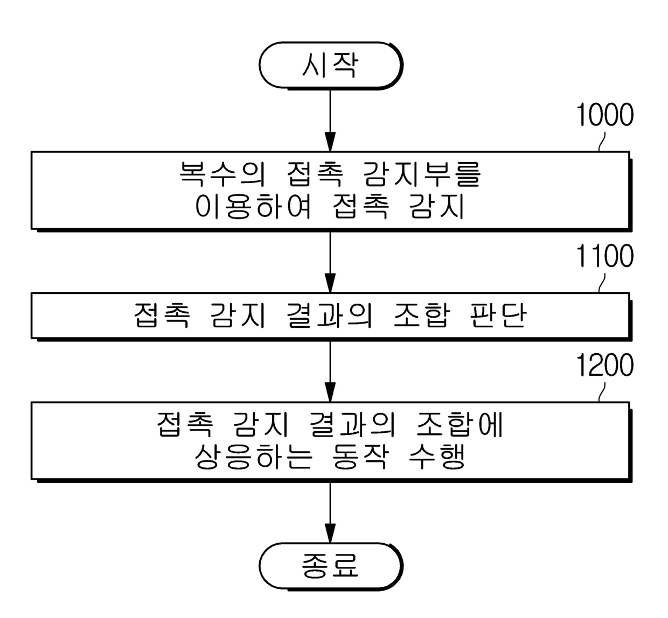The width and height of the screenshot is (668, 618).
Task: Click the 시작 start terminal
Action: click(x=330, y=65)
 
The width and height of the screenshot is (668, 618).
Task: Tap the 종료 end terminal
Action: click(x=330, y=565)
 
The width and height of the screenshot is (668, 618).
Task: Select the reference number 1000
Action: click(x=604, y=115)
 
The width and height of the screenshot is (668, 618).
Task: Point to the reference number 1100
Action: click(x=604, y=256)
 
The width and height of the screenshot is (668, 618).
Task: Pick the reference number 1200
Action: click(x=604, y=366)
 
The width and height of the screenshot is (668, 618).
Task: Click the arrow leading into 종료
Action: click(x=330, y=511)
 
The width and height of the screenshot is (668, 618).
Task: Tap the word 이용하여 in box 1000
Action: click(x=253, y=206)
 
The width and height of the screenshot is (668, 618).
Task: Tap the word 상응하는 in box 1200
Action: click(x=253, y=457)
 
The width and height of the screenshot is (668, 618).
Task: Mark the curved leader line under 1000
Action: click(x=602, y=141)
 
